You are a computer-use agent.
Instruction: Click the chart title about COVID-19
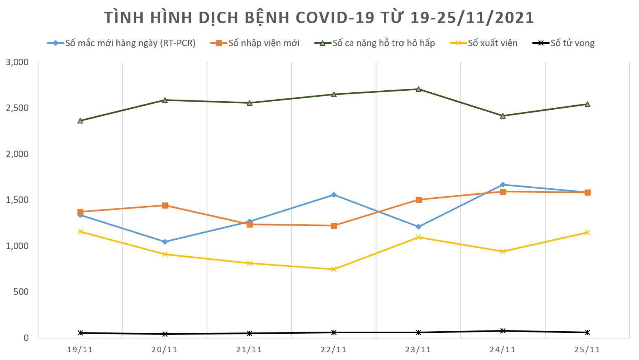[319, 18]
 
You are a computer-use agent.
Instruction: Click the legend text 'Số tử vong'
[572, 43]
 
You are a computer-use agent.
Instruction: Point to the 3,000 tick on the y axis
[17, 62]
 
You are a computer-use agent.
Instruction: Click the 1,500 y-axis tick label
[17, 200]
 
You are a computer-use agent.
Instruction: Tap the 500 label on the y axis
[21, 292]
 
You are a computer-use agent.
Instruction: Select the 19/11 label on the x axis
[80, 349]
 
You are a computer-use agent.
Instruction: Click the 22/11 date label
[333, 349]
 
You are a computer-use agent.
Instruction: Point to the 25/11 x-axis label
[587, 349]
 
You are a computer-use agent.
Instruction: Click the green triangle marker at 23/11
[419, 89]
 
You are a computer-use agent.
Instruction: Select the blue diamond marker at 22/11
[334, 195]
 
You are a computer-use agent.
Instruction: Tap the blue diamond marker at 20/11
[165, 242]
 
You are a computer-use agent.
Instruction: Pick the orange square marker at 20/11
[165, 205]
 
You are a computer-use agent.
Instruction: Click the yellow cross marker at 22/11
[334, 269]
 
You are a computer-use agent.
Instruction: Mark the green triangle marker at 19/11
[80, 121]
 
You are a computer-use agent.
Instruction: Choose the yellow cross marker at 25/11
[587, 232]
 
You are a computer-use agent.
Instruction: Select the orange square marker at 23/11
[419, 200]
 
